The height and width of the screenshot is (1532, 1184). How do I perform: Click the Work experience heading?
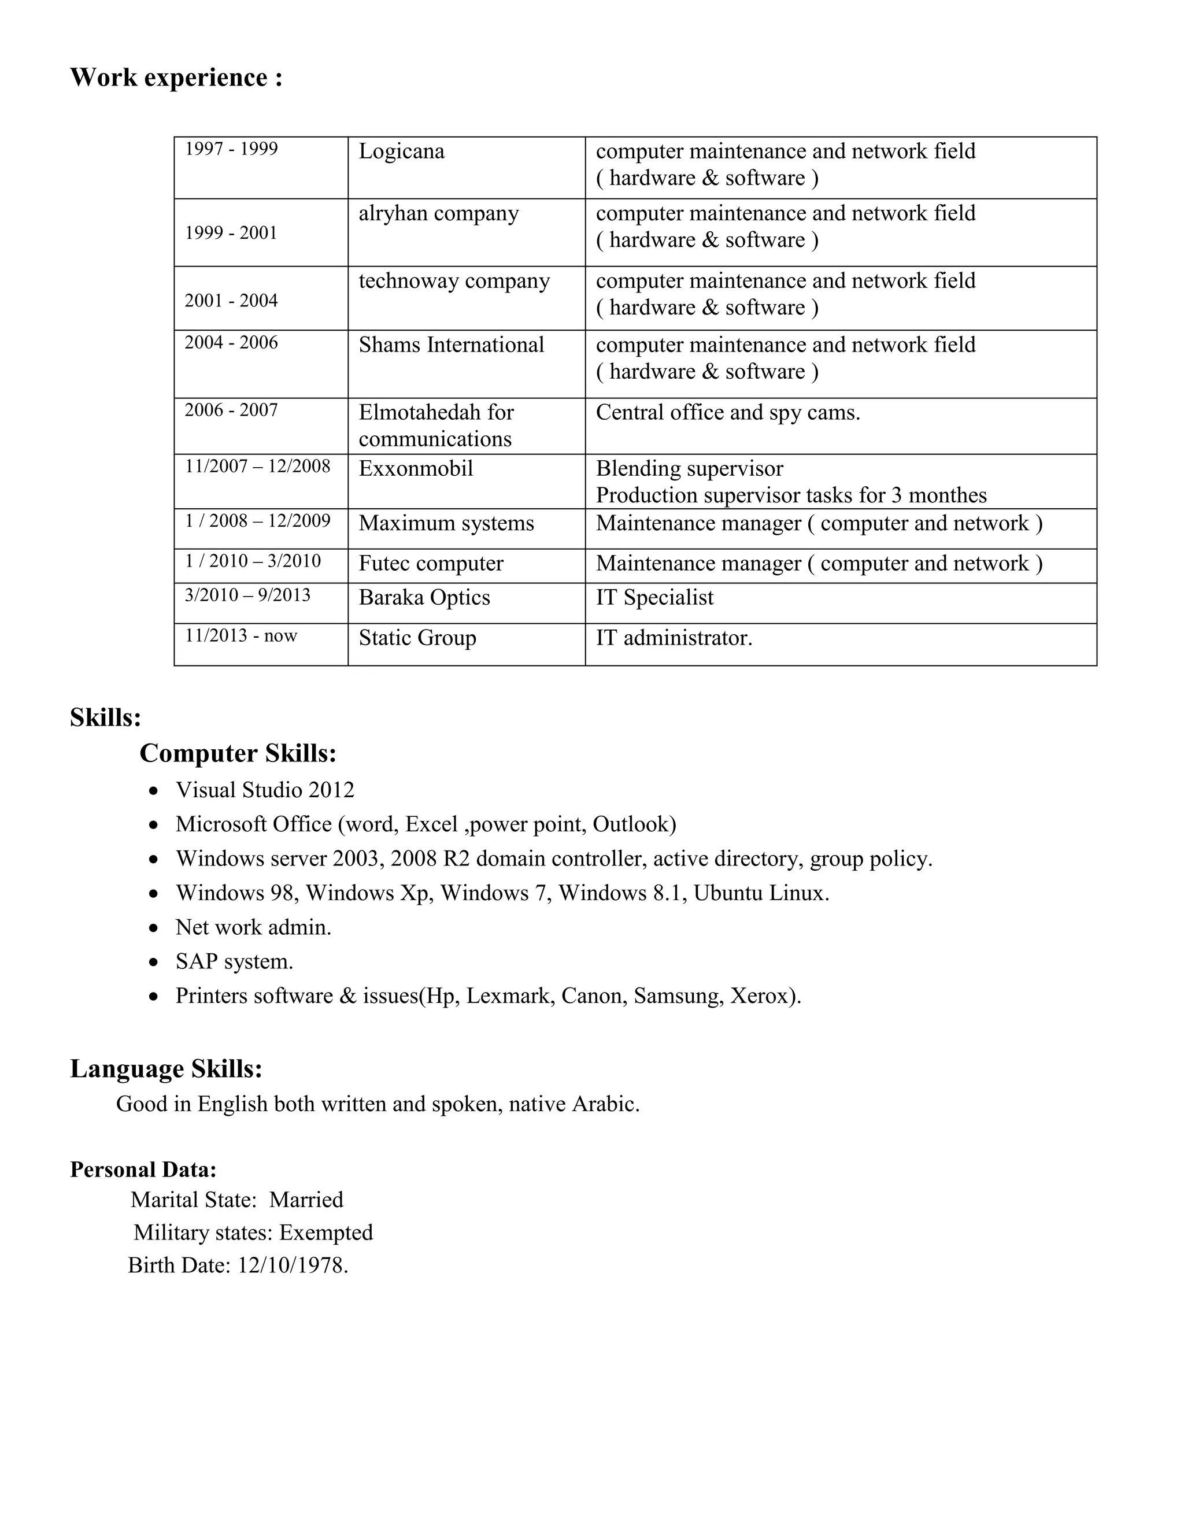click(x=176, y=77)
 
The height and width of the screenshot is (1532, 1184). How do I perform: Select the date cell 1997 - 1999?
click(x=231, y=149)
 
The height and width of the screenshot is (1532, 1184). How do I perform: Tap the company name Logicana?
click(x=401, y=151)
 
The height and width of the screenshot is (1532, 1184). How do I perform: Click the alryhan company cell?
click(x=438, y=213)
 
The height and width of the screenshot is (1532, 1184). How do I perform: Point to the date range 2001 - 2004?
click(x=231, y=300)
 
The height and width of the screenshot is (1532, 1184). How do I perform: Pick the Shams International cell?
click(x=451, y=345)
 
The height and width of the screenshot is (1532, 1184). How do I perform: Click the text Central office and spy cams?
click(x=727, y=412)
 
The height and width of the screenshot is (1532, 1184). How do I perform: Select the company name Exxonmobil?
click(x=415, y=469)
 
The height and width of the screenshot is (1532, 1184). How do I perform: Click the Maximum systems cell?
click(x=446, y=523)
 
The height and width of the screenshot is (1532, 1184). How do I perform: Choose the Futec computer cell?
click(x=431, y=563)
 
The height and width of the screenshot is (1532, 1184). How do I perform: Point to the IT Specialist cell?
click(x=654, y=598)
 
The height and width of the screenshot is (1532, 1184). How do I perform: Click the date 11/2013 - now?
click(x=240, y=635)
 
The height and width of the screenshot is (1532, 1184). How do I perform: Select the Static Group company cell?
click(x=417, y=638)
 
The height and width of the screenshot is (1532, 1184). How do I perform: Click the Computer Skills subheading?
click(x=238, y=753)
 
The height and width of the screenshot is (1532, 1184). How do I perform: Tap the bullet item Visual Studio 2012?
click(x=264, y=790)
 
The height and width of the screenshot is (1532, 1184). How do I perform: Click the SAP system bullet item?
click(x=234, y=961)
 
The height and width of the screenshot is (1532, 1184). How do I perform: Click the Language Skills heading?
click(x=166, y=1069)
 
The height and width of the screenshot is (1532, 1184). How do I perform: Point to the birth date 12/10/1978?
click(x=292, y=1265)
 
